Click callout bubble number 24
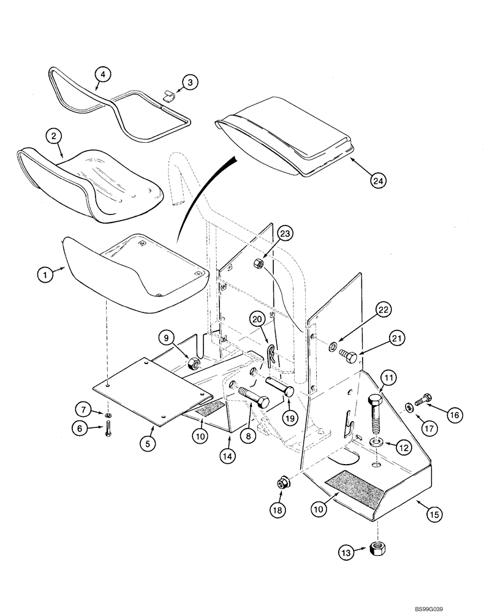coord(379,180)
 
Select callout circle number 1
coord(45,275)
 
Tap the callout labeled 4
coord(102,75)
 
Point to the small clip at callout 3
coord(170,94)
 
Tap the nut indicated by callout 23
coord(259,264)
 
